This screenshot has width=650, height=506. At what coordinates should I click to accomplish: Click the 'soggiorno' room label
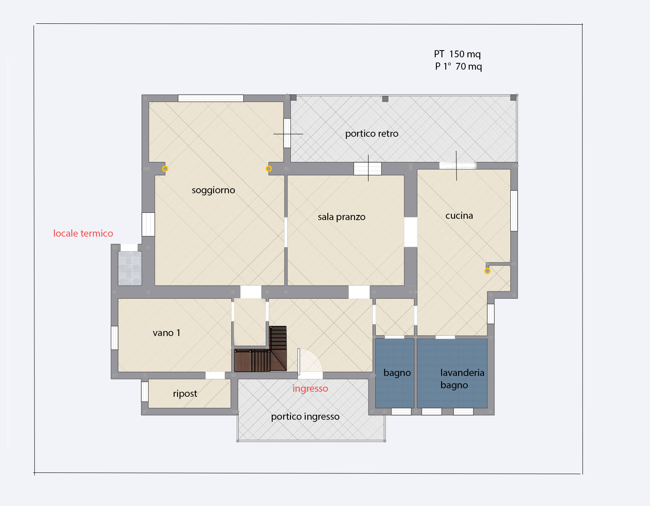point(213,190)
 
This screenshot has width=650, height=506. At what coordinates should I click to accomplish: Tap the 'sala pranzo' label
point(341,217)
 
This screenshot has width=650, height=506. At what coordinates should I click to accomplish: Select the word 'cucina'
point(459,215)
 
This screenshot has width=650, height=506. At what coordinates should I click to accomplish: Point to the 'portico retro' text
point(371,133)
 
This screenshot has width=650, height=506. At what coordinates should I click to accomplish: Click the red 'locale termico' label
point(83,233)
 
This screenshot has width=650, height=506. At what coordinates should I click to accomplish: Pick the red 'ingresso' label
point(310,388)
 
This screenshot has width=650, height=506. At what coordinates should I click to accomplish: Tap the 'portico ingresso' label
point(305,416)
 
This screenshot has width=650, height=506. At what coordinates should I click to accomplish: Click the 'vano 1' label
point(166,333)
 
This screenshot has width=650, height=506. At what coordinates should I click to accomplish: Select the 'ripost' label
point(185,393)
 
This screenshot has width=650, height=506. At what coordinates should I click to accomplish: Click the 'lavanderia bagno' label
point(462,379)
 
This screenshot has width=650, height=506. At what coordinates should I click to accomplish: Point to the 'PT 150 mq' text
point(457,54)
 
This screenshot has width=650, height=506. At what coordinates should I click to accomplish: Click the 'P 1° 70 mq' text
point(458,66)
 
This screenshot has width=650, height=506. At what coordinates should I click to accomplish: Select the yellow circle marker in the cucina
point(487,271)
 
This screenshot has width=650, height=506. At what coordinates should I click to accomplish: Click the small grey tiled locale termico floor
point(130,268)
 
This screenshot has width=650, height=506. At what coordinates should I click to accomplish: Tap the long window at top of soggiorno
point(211,98)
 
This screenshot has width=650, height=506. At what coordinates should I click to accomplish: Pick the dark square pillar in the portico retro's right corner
point(513,98)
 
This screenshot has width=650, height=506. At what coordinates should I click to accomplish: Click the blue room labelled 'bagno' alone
point(394,373)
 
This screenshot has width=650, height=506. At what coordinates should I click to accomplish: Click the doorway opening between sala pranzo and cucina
point(411,232)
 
